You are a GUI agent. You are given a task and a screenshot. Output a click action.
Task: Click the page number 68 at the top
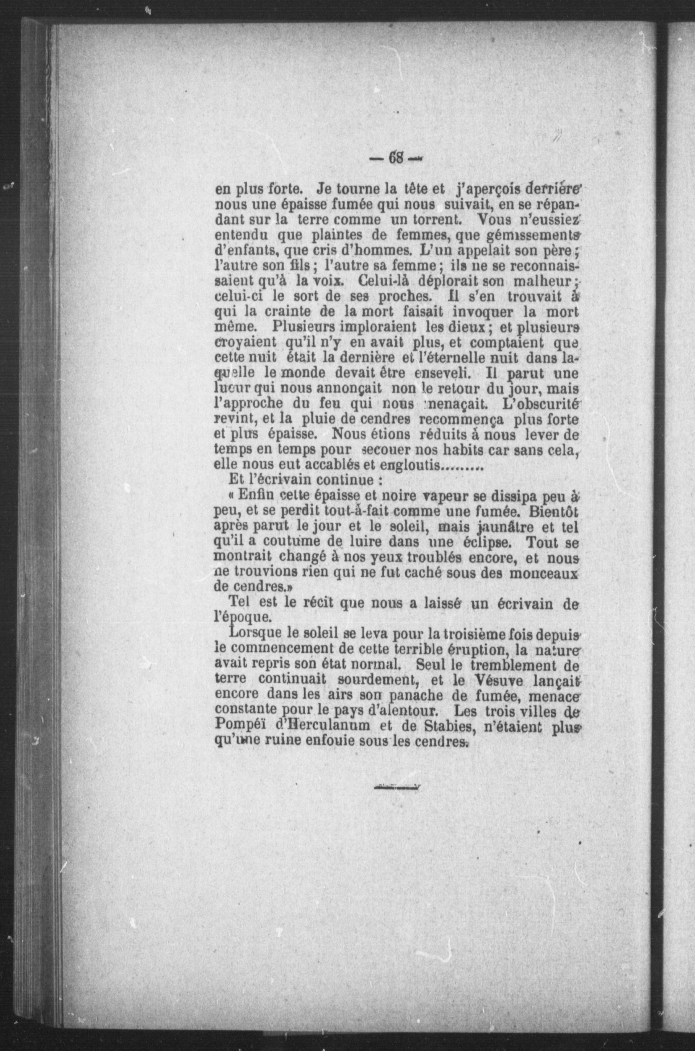point(395,158)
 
